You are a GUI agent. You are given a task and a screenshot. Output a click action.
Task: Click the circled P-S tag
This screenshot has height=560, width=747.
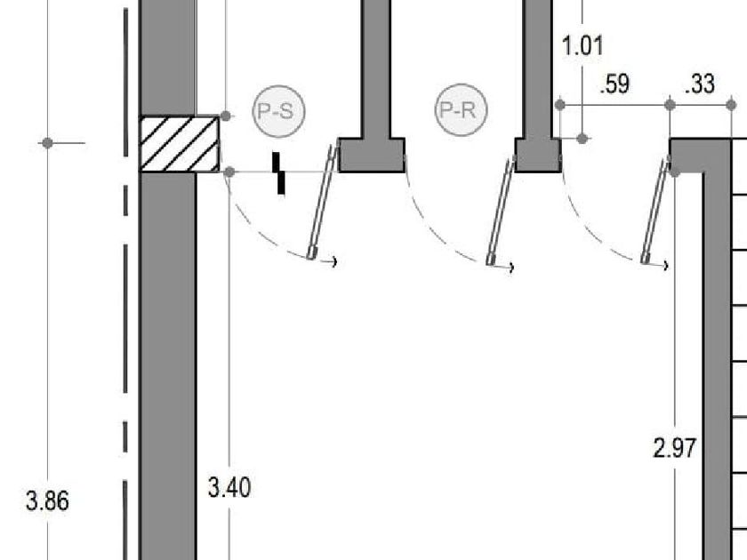[x=278, y=111]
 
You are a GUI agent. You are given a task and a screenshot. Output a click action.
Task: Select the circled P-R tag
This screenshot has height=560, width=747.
[x=462, y=110]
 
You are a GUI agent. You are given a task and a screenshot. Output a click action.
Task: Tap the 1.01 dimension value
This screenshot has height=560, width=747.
[x=582, y=45]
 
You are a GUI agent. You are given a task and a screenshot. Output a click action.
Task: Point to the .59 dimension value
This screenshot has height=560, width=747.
[x=615, y=84]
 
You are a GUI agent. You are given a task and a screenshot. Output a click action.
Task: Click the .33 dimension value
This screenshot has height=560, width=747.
[x=700, y=84]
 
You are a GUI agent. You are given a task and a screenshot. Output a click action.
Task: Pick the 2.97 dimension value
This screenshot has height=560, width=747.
[x=675, y=448]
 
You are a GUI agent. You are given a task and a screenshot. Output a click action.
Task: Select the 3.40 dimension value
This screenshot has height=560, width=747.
[x=229, y=488]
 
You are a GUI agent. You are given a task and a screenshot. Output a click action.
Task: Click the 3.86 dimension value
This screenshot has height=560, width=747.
[x=47, y=501]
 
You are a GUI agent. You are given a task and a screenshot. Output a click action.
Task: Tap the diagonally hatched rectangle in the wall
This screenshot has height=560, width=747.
[x=179, y=144]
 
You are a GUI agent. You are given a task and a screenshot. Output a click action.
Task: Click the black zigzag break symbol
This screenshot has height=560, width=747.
[x=278, y=173]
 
